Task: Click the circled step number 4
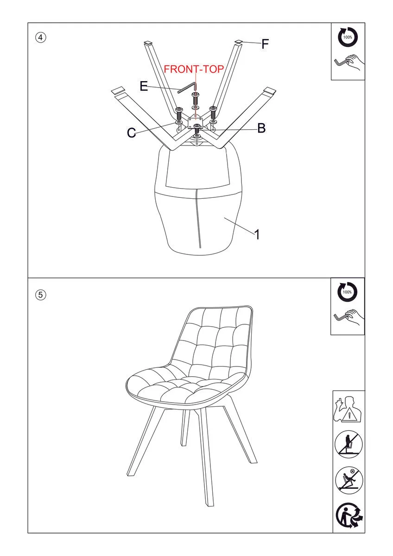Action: click(40, 38)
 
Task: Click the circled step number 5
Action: click(40, 295)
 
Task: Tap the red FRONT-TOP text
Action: click(194, 69)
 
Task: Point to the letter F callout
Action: click(265, 44)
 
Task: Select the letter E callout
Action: click(144, 86)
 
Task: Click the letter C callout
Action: click(131, 133)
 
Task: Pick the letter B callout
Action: click(261, 128)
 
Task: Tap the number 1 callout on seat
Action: click(257, 234)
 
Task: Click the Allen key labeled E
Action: click(187, 88)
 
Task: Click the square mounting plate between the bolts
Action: click(195, 122)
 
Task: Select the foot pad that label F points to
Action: click(239, 41)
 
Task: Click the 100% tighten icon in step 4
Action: click(348, 37)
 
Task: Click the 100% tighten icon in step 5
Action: click(347, 292)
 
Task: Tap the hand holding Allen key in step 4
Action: click(349, 63)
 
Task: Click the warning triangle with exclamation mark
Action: click(349, 415)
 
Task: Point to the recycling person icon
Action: click(349, 516)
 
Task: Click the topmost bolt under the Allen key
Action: click(196, 98)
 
